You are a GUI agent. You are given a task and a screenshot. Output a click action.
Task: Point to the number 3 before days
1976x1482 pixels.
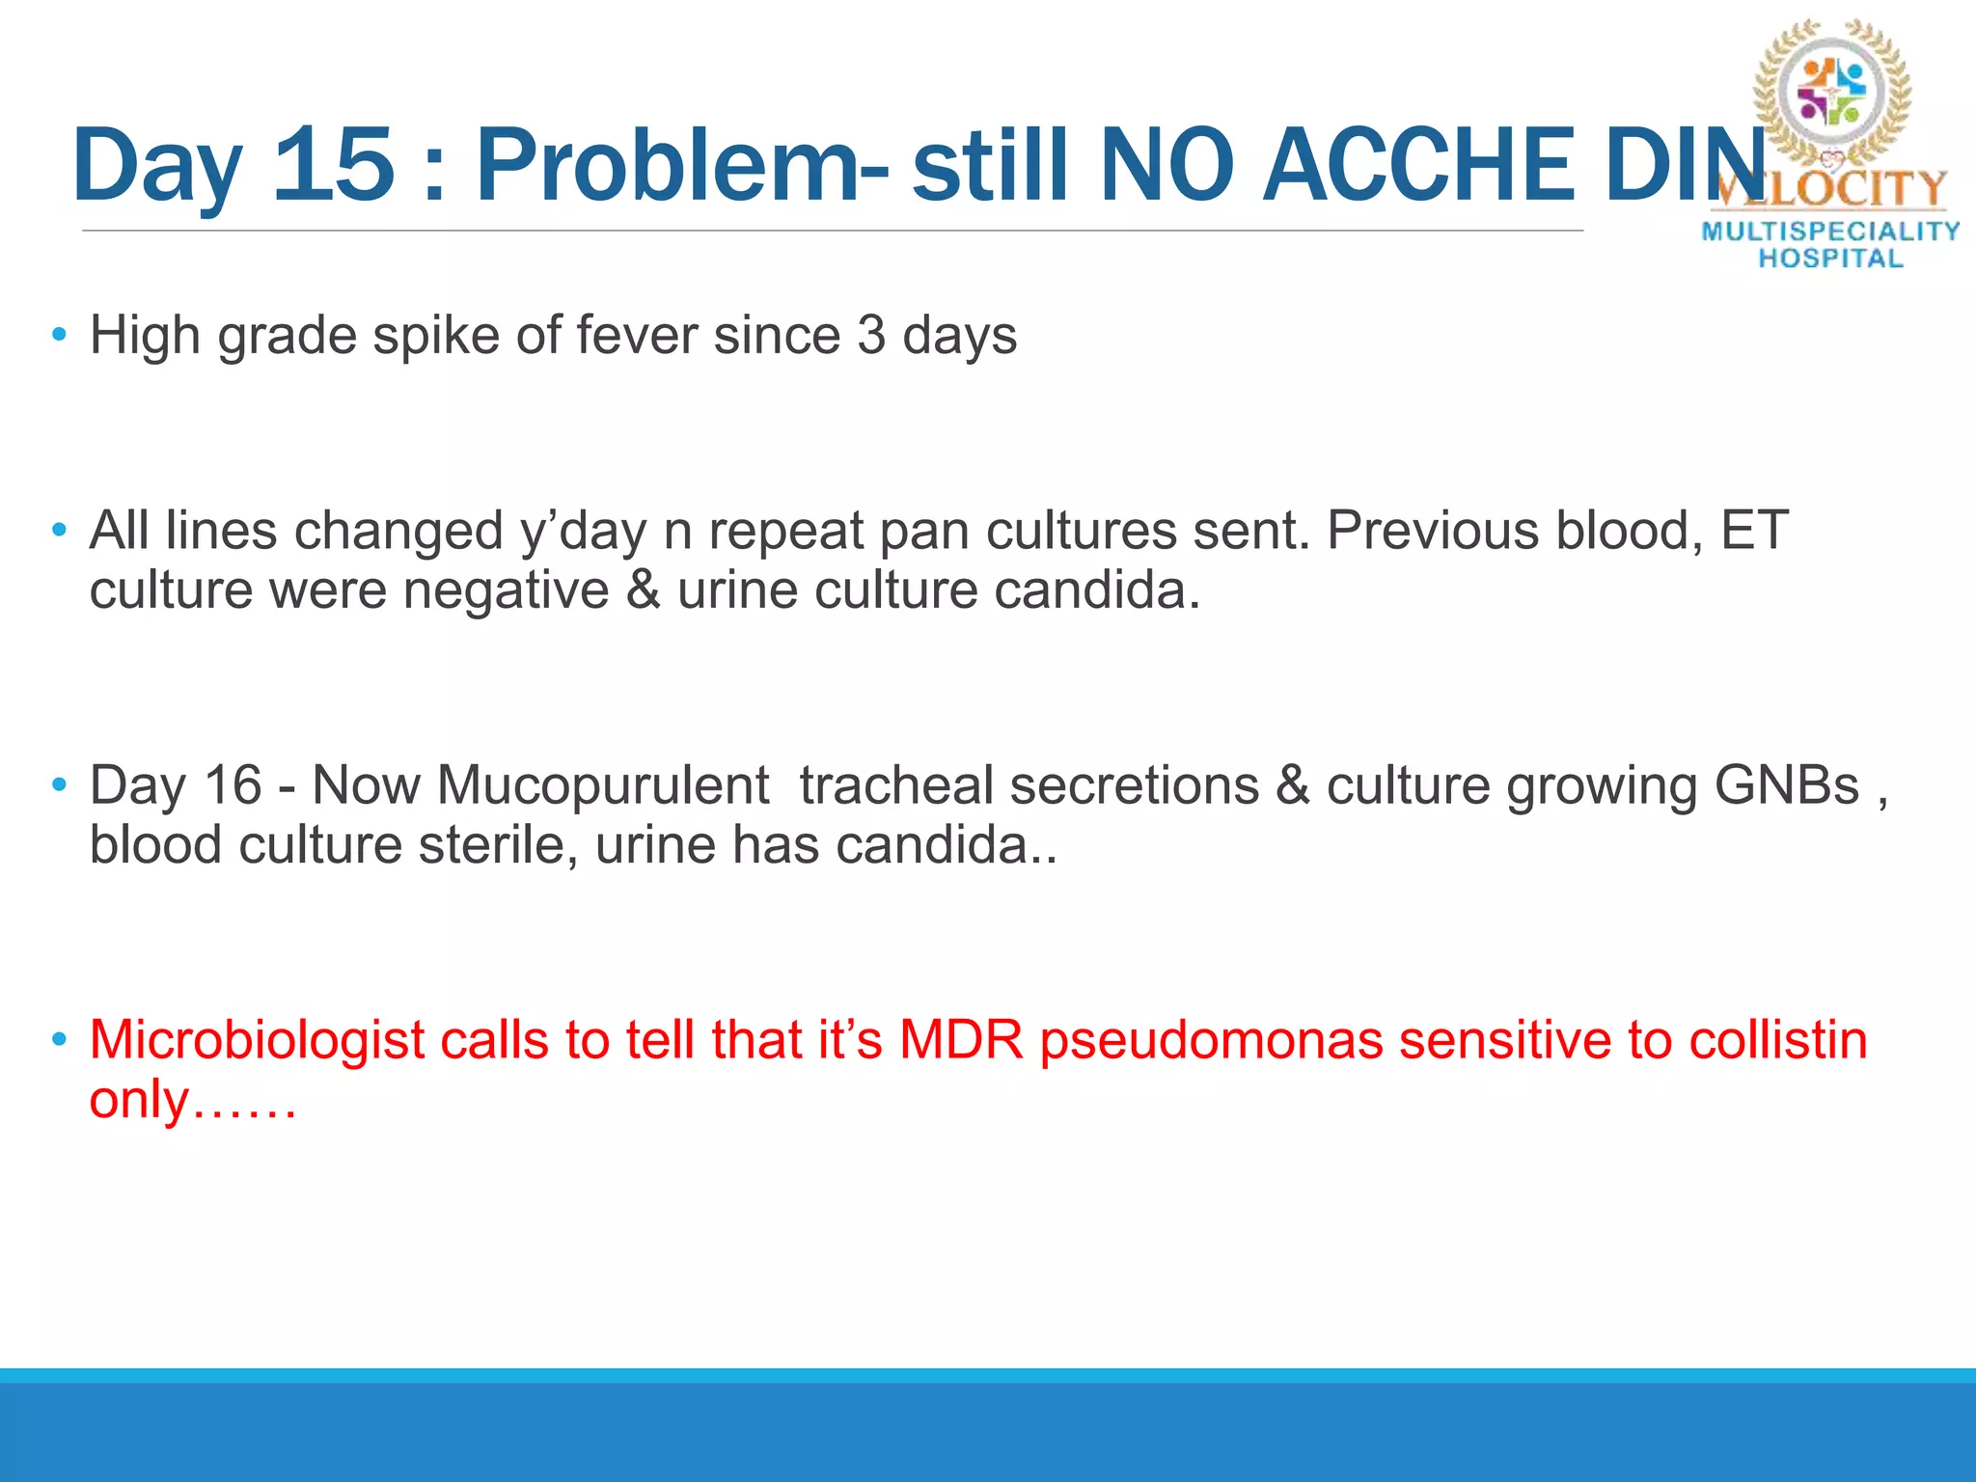click(x=871, y=336)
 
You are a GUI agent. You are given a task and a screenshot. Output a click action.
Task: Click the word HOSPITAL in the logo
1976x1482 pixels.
click(x=1830, y=259)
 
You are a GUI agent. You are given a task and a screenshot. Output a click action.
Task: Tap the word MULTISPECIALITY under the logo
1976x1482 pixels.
click(x=1830, y=232)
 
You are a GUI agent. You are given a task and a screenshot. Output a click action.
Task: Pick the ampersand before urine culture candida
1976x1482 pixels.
click(x=643, y=590)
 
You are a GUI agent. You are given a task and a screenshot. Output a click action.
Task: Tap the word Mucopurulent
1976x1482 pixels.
click(x=603, y=785)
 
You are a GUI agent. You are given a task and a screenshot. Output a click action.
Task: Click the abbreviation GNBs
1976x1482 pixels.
click(x=1786, y=785)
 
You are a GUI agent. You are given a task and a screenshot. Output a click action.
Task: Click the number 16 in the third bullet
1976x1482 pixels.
click(x=233, y=785)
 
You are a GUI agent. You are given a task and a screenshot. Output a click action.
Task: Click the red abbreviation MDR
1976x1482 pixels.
click(x=961, y=1040)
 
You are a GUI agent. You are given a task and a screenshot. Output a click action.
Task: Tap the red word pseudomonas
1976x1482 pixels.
click(x=1211, y=1040)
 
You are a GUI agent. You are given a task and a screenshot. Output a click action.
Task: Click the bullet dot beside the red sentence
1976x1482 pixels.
click(x=60, y=1040)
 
